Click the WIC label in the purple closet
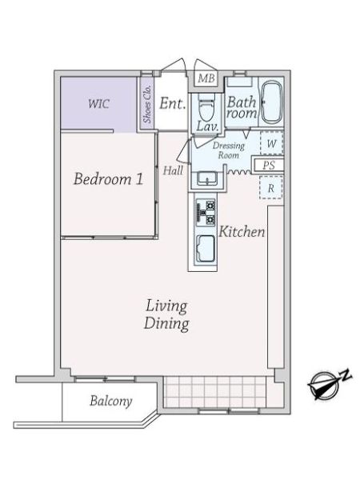click(98, 104)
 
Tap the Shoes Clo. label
click(147, 104)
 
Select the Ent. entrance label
click(172, 103)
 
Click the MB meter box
click(206, 78)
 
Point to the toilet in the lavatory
click(206, 108)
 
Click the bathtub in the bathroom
click(271, 102)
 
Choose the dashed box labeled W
click(271, 143)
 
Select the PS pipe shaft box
click(269, 166)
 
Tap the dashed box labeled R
click(271, 188)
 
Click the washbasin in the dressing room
click(207, 178)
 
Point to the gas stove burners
click(206, 212)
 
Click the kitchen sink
click(206, 249)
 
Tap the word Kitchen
click(242, 232)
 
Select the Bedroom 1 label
click(108, 179)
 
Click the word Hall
click(173, 170)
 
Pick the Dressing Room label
click(229, 150)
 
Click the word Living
click(166, 306)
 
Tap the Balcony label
click(111, 401)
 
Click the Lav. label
click(207, 126)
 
